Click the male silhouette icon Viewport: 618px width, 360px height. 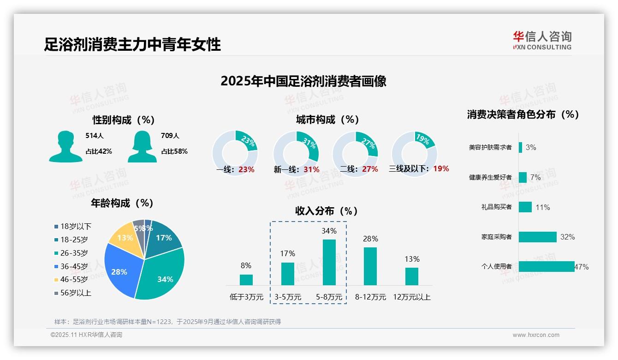pyautogui.click(x=65, y=147)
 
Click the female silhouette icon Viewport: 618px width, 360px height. pyautogui.click(x=142, y=147)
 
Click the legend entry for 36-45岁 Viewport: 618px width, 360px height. pyautogui.click(x=74, y=266)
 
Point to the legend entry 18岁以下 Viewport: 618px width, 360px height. pyautogui.click(x=76, y=226)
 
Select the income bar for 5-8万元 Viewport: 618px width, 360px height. pyautogui.click(x=329, y=262)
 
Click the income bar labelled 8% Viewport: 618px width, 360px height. pyautogui.click(x=246, y=280)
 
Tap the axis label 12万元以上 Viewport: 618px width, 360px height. pyautogui.click(x=411, y=297)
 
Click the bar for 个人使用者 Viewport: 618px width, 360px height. pyautogui.click(x=547, y=266)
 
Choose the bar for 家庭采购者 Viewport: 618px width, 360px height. pyautogui.click(x=537, y=237)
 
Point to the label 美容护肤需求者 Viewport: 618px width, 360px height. pyautogui.click(x=490, y=148)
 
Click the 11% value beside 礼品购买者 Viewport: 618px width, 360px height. pyautogui.click(x=542, y=207)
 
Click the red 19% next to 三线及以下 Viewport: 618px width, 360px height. pyautogui.click(x=441, y=169)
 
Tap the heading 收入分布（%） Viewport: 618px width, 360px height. pyautogui.click(x=327, y=211)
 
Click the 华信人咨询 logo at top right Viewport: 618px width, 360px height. pyautogui.click(x=542, y=40)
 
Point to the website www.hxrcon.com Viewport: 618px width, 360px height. pyautogui.click(x=536, y=335)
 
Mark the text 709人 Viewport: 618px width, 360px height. pyautogui.click(x=170, y=136)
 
